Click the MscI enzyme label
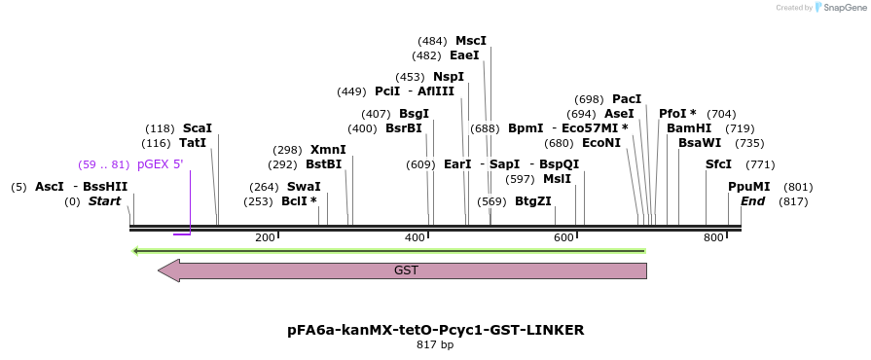[x=471, y=41]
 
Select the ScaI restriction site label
[x=198, y=128]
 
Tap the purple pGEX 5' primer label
[x=160, y=164]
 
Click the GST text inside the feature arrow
[x=406, y=270]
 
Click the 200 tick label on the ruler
[x=265, y=238]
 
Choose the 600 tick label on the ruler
[x=564, y=238]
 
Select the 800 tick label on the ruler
[x=713, y=238]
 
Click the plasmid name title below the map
[x=435, y=330]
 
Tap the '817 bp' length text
[x=435, y=344]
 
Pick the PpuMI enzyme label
[x=749, y=187]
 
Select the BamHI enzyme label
[x=689, y=128]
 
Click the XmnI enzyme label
[x=328, y=150]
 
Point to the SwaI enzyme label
[x=304, y=187]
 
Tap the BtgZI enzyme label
[x=533, y=201]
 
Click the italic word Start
[x=104, y=201]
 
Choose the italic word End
[x=752, y=201]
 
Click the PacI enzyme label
[x=627, y=99]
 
